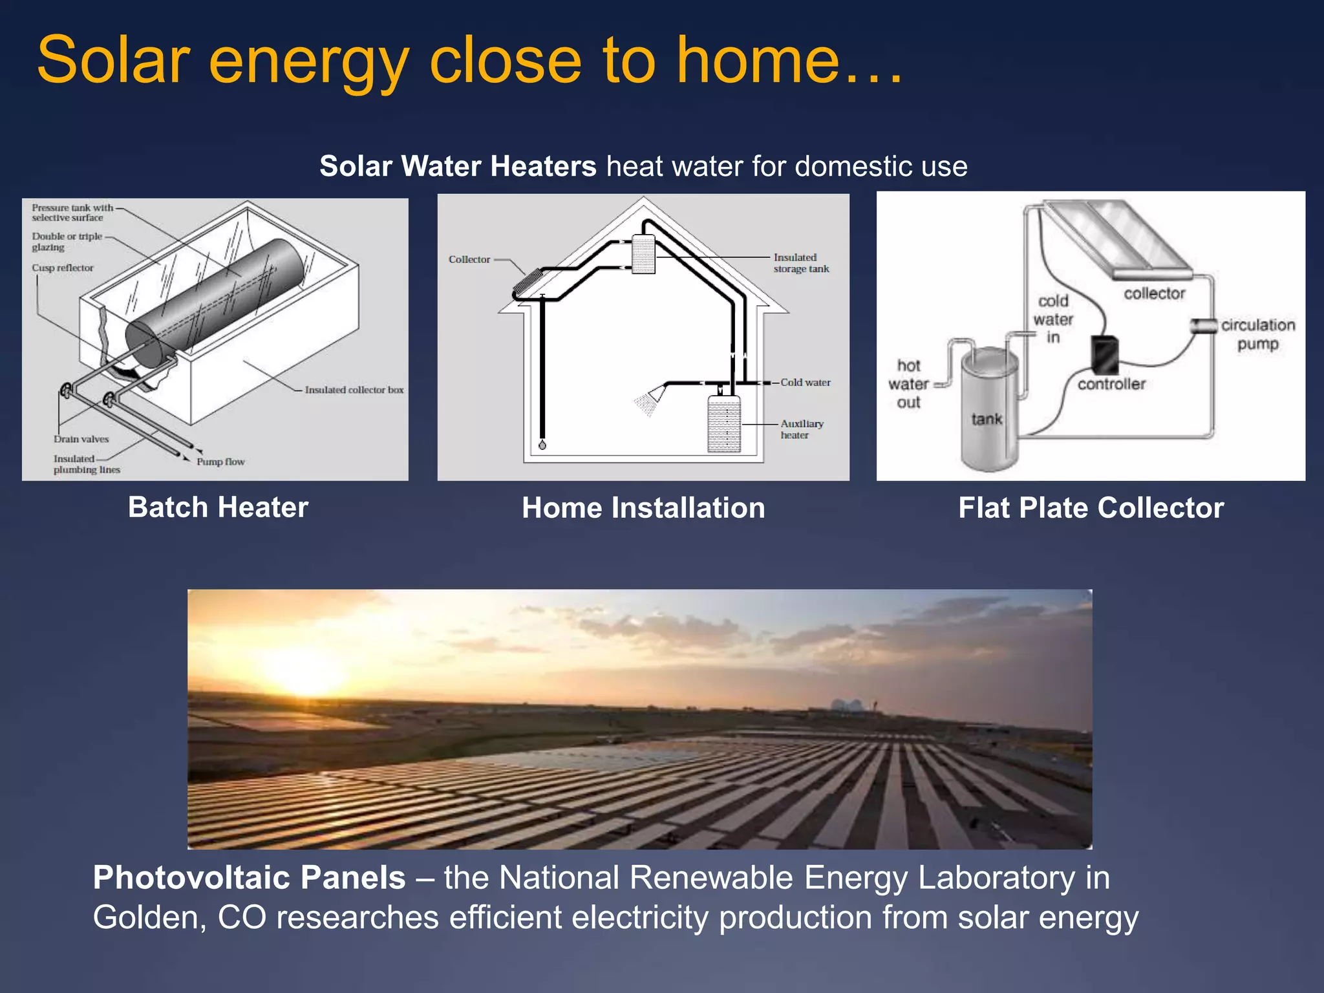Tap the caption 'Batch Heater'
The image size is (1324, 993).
click(218, 507)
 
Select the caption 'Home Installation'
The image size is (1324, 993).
click(643, 507)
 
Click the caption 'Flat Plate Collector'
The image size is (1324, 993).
click(1091, 507)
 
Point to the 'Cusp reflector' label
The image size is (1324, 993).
click(63, 268)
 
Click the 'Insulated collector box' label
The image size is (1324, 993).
click(354, 390)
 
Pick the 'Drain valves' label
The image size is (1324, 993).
click(81, 439)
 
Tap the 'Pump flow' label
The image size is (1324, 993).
click(220, 462)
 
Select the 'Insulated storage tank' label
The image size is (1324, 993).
click(800, 263)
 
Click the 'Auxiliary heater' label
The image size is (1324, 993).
click(801, 429)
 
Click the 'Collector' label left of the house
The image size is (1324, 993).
click(469, 259)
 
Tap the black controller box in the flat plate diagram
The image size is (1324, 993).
click(1104, 354)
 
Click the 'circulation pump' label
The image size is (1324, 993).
click(1257, 334)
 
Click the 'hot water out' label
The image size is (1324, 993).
click(908, 384)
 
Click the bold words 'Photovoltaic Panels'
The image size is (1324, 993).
click(249, 878)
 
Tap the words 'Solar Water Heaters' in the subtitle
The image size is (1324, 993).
click(458, 166)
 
